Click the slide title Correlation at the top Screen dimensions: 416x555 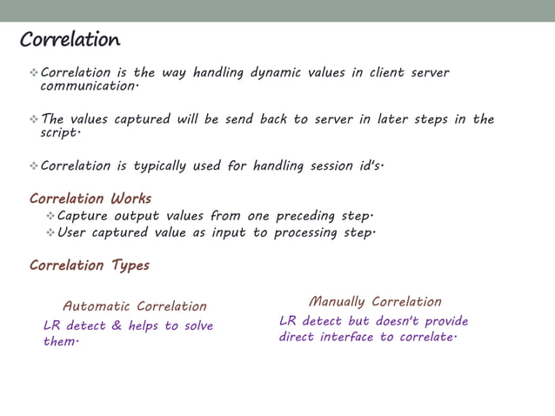70,40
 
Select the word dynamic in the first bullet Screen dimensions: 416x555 275,73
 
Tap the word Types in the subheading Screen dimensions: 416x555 130,265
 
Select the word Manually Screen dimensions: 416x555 337,302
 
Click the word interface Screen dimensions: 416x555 343,337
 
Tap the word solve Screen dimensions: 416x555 197,326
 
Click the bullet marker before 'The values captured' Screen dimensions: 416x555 33,119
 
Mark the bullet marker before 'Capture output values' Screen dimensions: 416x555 50,216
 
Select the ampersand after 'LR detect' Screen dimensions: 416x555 116,326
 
